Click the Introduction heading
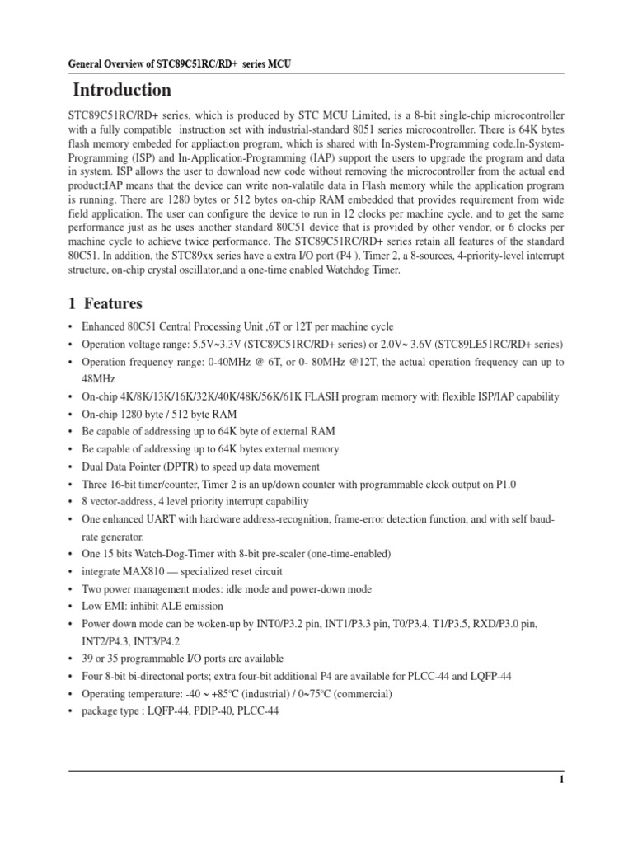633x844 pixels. tap(122, 90)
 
